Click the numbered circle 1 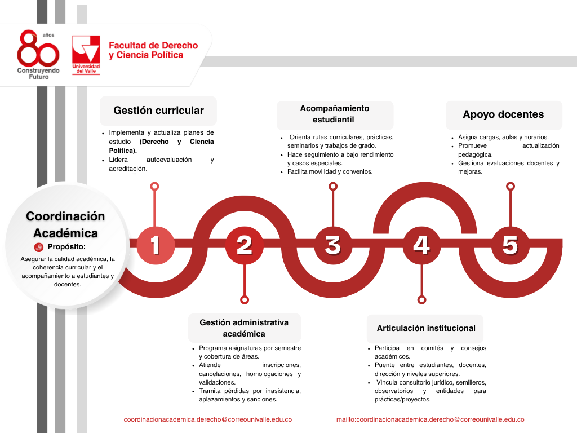(x=155, y=245)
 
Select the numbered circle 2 (x=243, y=245)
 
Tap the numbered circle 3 (x=332, y=245)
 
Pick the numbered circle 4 (x=421, y=245)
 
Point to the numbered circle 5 (x=510, y=245)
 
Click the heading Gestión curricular (x=158, y=111)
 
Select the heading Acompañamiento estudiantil (x=335, y=114)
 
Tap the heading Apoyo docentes (x=504, y=114)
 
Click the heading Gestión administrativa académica (x=244, y=328)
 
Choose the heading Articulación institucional (x=426, y=328)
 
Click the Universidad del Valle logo (x=86, y=55)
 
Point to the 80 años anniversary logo (x=38, y=55)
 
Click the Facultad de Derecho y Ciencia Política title (x=153, y=50)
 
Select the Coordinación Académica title (x=65, y=224)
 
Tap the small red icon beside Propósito (x=39, y=246)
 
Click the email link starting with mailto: (x=430, y=419)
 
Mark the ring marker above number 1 (x=155, y=186)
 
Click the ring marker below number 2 (x=244, y=300)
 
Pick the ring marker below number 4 (x=421, y=300)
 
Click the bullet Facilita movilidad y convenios (x=330, y=171)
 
